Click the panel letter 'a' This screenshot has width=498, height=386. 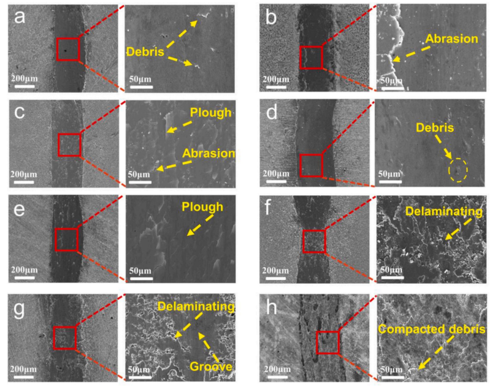(x=20, y=17)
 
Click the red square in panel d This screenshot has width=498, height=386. (x=312, y=165)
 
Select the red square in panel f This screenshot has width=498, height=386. (x=314, y=241)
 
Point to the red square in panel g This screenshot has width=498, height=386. (x=65, y=338)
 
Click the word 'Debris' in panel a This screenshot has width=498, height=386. (x=145, y=51)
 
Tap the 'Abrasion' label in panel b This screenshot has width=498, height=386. (x=451, y=39)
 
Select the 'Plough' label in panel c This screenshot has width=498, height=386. (x=211, y=113)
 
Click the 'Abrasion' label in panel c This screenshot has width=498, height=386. (x=209, y=154)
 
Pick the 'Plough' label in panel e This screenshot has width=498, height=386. (x=202, y=208)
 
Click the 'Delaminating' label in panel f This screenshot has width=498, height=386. (x=444, y=211)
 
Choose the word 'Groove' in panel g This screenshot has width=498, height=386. (x=211, y=366)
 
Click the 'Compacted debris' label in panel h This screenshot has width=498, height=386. (x=432, y=329)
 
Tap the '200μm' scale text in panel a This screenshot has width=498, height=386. (x=25, y=78)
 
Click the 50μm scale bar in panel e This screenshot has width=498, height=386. (x=141, y=279)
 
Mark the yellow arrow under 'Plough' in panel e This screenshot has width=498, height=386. (x=200, y=225)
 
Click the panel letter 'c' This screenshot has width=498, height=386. (x=20, y=113)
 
